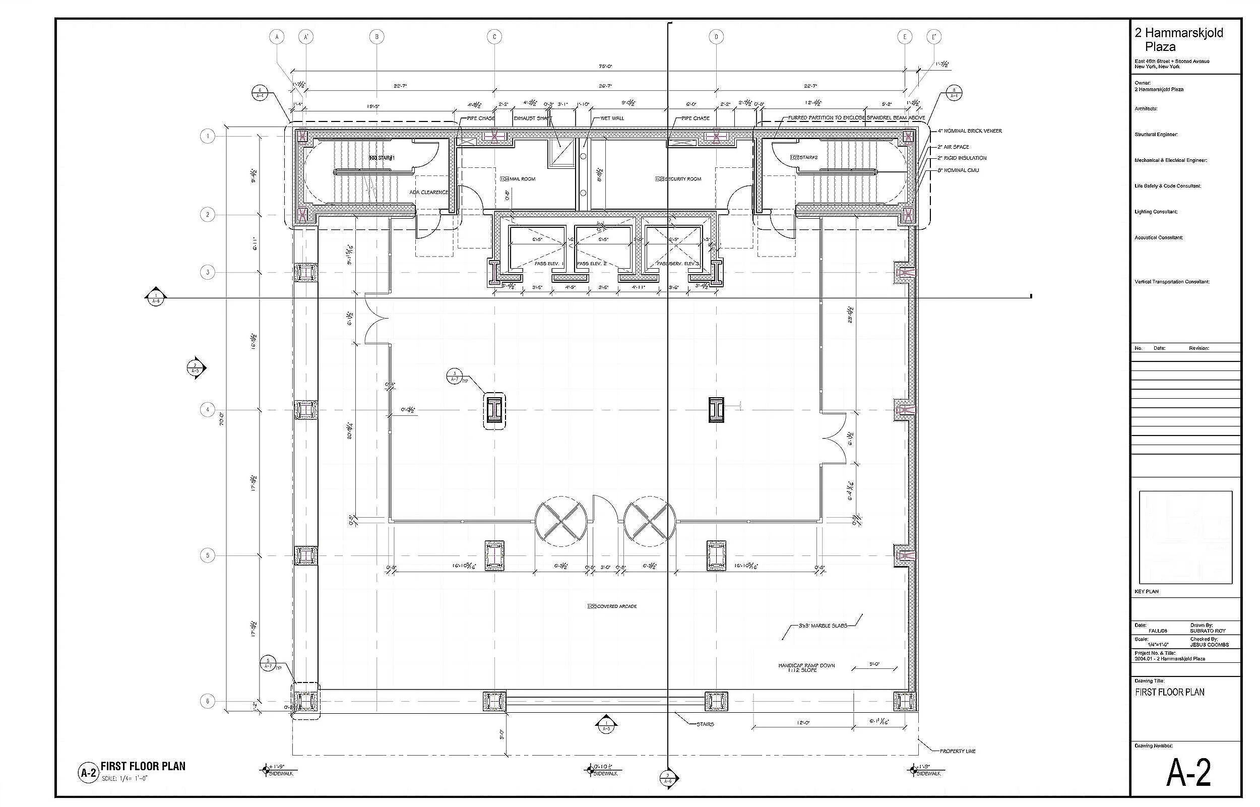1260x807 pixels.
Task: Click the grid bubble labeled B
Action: point(376,37)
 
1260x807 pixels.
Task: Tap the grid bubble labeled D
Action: point(716,37)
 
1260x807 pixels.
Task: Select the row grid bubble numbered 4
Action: point(208,410)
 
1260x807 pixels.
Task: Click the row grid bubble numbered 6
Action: point(208,702)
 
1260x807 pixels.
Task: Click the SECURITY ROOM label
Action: point(678,179)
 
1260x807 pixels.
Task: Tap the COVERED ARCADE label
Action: point(612,606)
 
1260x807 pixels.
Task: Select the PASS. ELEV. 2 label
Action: point(592,264)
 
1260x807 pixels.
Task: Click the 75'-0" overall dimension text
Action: point(605,67)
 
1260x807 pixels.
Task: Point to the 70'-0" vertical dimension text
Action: point(222,418)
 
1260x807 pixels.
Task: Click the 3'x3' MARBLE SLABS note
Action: point(823,626)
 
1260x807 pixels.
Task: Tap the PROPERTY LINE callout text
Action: point(958,751)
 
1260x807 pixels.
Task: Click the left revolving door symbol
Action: point(561,522)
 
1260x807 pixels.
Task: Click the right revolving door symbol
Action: point(650,522)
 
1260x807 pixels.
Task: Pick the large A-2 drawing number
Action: point(1188,773)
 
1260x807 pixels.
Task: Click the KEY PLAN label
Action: point(1147,592)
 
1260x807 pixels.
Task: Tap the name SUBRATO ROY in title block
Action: point(1208,631)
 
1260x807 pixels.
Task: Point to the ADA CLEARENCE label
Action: point(428,193)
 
